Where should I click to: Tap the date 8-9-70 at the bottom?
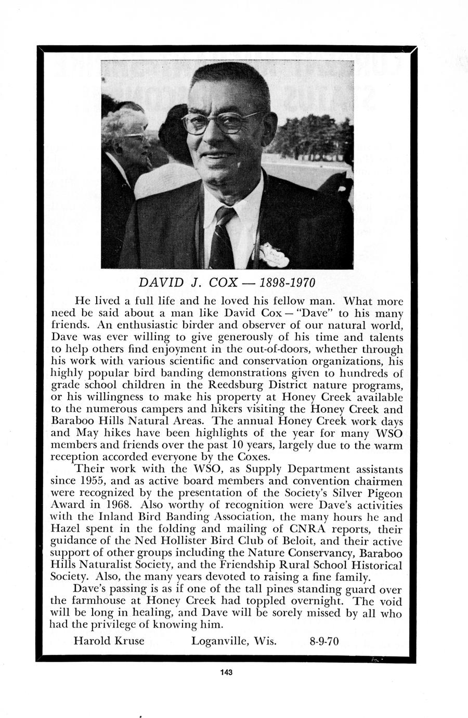[324, 641]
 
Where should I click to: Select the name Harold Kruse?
[109, 640]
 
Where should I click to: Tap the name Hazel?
[65, 529]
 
